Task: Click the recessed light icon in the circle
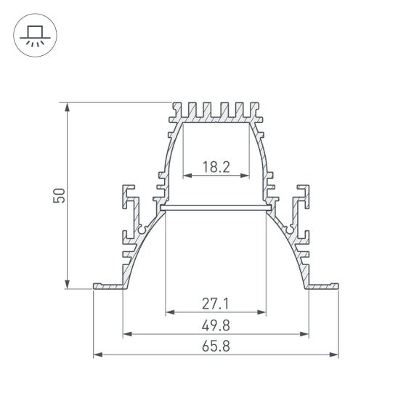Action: (33, 33)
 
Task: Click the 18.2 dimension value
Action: (216, 167)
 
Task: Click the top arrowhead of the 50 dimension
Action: (68, 107)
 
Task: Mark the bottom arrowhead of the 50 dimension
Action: (68, 284)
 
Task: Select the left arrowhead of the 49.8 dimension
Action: (128, 334)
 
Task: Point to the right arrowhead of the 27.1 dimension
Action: (261, 313)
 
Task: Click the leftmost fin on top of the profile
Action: (176, 110)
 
